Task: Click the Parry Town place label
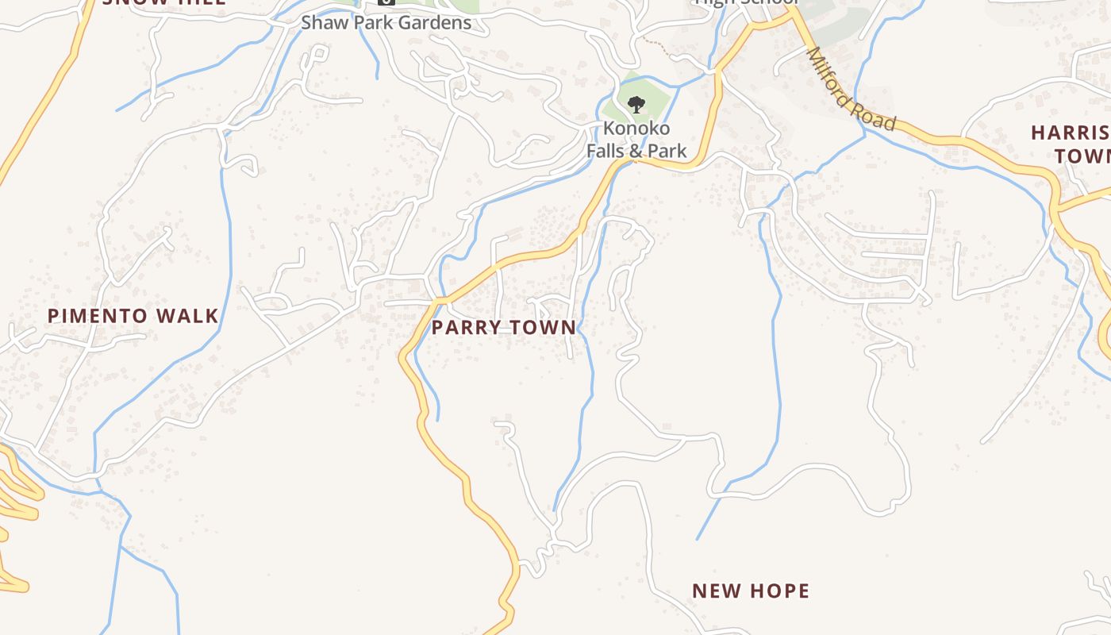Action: coord(504,327)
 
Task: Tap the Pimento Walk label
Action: coord(133,316)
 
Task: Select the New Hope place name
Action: coord(751,591)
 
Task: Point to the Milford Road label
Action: coord(851,88)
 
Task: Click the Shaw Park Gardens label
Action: coord(386,22)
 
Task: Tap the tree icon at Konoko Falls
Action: coord(636,104)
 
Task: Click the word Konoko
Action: coord(636,129)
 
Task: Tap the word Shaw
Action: coord(321,22)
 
